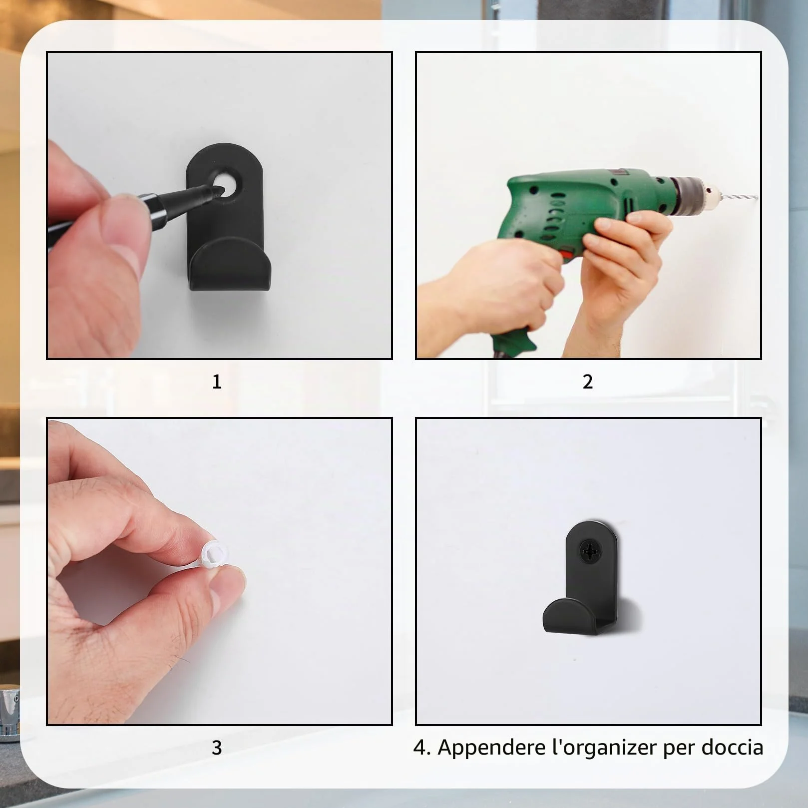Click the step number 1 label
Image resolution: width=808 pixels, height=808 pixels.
(x=217, y=382)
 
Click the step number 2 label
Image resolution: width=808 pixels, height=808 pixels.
(x=588, y=382)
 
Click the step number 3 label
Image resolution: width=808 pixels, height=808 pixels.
(x=217, y=748)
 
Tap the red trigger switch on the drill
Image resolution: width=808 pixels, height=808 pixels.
(x=567, y=254)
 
